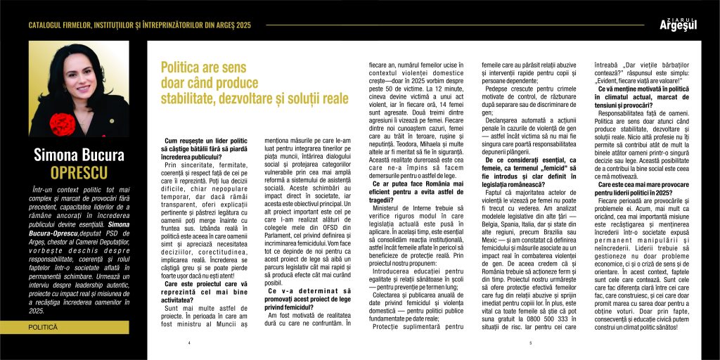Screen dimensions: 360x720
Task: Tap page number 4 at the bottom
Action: tap(190, 343)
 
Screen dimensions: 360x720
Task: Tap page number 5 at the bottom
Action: tap(531, 343)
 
